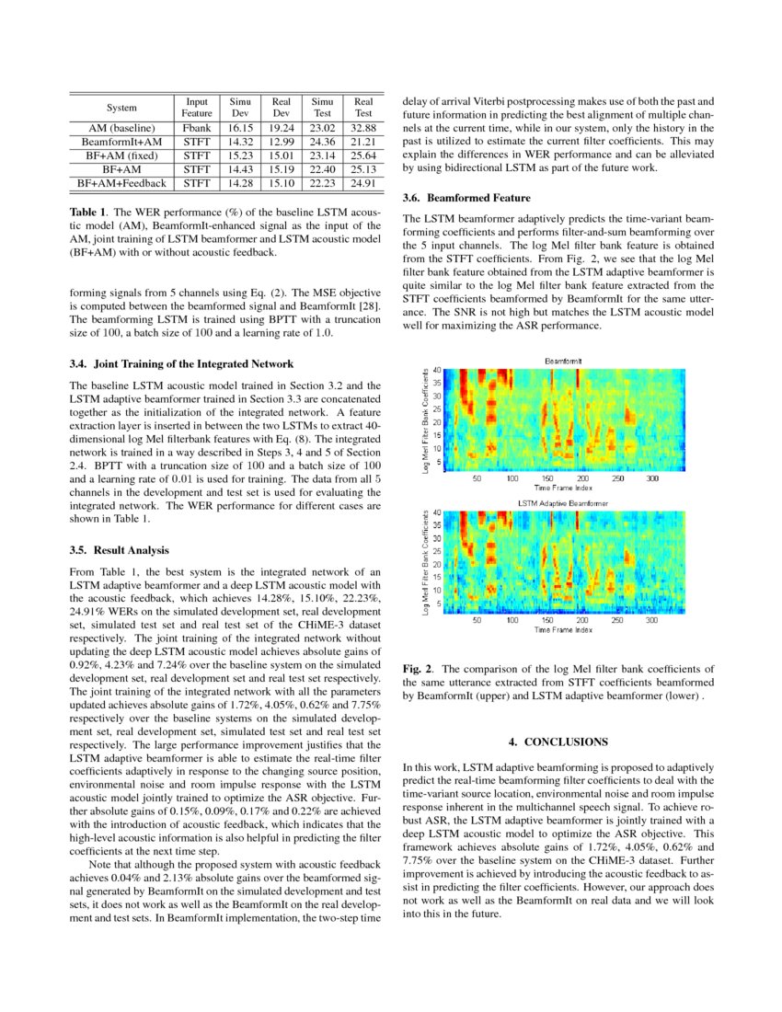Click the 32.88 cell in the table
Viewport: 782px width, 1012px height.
click(363, 128)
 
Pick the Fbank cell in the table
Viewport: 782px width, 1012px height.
click(197, 128)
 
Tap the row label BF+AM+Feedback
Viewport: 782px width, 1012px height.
click(122, 184)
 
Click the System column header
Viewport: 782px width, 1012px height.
click(122, 107)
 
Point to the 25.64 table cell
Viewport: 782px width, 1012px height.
click(363, 156)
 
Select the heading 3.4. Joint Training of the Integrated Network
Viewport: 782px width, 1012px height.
click(181, 363)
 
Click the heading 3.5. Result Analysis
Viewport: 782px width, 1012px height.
click(119, 550)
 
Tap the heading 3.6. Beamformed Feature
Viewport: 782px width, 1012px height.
click(466, 198)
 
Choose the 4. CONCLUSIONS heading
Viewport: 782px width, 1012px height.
click(558, 741)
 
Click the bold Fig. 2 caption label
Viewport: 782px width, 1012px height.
click(419, 669)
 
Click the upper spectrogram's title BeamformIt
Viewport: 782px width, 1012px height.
click(562, 361)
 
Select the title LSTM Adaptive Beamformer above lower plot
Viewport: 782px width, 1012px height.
click(562, 503)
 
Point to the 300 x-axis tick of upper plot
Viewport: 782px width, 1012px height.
click(652, 478)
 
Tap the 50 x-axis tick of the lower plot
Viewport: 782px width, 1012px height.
click(477, 621)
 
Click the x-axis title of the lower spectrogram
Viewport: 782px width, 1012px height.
click(562, 630)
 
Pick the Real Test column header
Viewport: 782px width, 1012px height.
click(363, 107)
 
